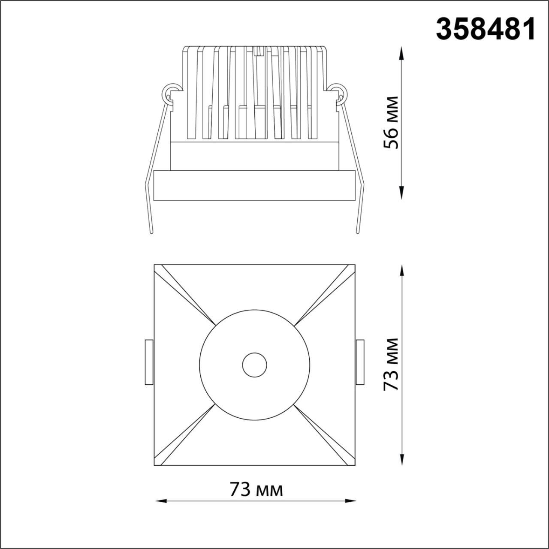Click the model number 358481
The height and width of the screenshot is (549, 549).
pyautogui.click(x=486, y=30)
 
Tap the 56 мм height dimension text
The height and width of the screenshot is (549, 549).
pyautogui.click(x=391, y=123)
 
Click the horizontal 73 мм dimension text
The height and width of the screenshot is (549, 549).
pyautogui.click(x=256, y=489)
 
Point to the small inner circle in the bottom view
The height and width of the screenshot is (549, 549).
pyautogui.click(x=254, y=365)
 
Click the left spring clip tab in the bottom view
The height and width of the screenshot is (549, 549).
pyautogui.click(x=149, y=362)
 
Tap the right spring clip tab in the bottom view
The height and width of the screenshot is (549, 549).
pyautogui.click(x=360, y=362)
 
